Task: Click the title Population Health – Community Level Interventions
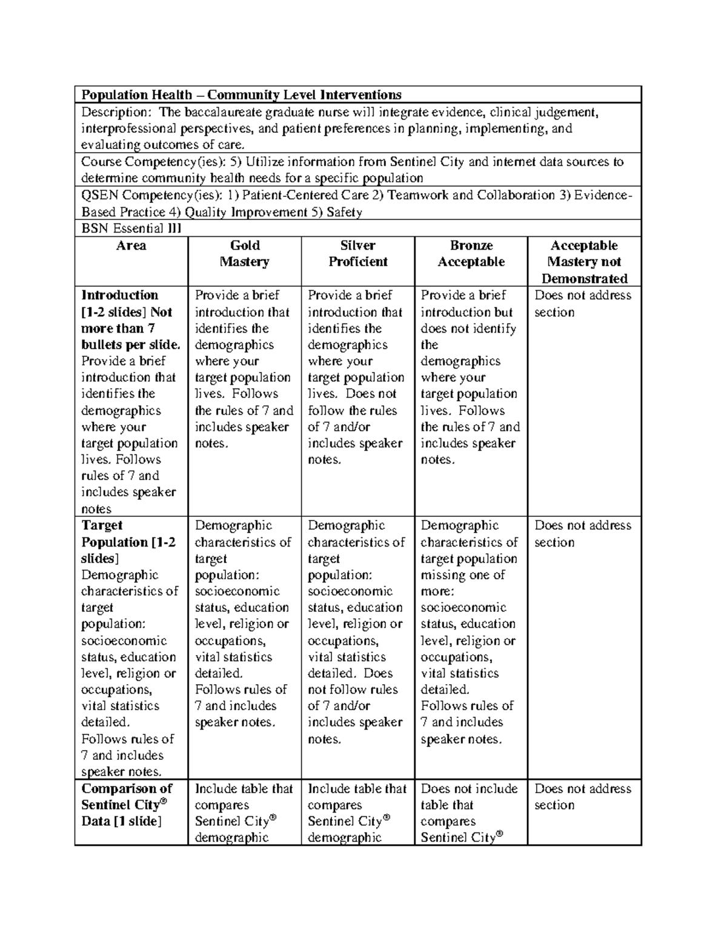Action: [241, 95]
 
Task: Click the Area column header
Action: [131, 245]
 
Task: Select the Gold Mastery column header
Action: [245, 254]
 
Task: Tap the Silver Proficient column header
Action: [357, 254]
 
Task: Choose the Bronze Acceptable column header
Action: [471, 254]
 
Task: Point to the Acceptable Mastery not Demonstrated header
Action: [584, 262]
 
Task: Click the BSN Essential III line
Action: [131, 228]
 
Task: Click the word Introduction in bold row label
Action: [119, 295]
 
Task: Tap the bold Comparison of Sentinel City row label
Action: [127, 805]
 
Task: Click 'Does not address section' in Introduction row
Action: [582, 304]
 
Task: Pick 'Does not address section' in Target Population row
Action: [582, 534]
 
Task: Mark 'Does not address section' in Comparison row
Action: [582, 797]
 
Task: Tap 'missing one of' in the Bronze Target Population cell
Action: [463, 575]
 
